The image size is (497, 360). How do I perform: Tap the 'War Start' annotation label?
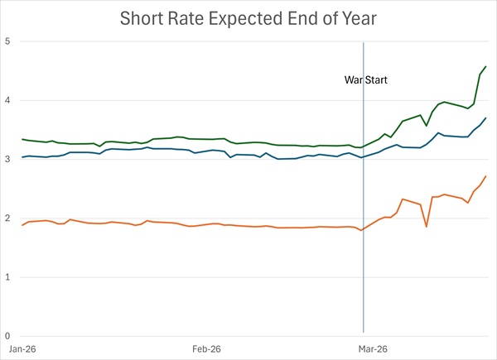tap(366, 81)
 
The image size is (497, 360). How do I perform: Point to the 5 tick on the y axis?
tap(8, 41)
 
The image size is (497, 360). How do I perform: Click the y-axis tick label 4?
tap(8, 100)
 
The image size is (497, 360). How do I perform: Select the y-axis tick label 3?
tap(8, 159)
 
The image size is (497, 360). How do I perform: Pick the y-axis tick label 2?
tap(8, 218)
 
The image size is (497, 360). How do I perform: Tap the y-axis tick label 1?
tap(8, 277)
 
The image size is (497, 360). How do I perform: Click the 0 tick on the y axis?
tap(8, 336)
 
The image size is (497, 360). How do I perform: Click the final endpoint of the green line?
tap(486, 66)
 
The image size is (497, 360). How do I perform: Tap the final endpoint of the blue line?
tap(486, 118)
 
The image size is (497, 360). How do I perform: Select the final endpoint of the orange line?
tap(486, 175)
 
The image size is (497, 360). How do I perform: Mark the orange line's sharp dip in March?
tap(427, 227)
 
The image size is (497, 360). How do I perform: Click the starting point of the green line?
tap(22, 139)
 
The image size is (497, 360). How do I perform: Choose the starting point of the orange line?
tap(22, 225)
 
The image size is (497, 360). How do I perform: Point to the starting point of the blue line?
tap(22, 157)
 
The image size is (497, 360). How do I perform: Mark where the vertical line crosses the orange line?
tap(363, 229)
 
